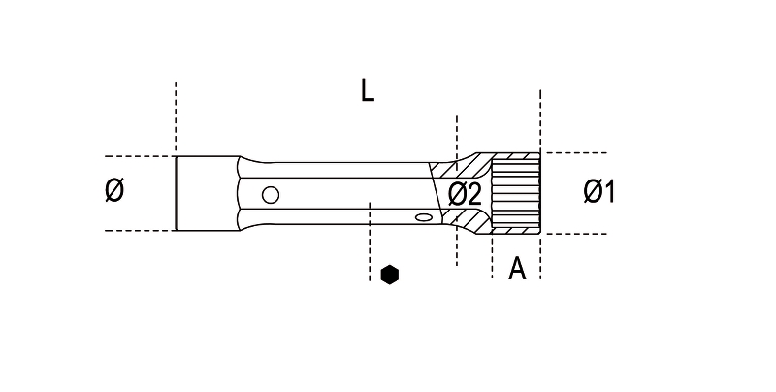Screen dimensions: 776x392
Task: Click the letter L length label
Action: (x=368, y=91)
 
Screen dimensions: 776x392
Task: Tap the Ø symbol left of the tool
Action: (x=114, y=191)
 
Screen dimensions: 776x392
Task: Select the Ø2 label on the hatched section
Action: (x=465, y=194)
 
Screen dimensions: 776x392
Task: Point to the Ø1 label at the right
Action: (x=599, y=191)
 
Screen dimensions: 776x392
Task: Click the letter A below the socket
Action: (x=517, y=269)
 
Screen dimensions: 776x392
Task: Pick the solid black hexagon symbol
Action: (x=390, y=275)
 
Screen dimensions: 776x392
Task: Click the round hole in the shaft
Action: (x=271, y=195)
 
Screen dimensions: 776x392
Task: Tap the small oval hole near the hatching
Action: (x=423, y=216)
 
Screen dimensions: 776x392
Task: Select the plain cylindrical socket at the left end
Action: (x=208, y=193)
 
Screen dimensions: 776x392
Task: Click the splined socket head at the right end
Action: (x=516, y=193)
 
